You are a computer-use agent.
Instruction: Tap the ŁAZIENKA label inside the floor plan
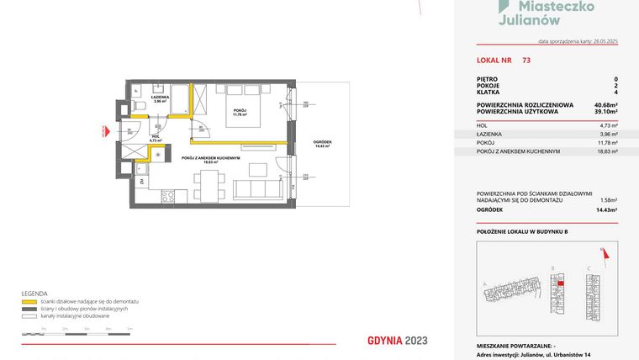coord(160,97)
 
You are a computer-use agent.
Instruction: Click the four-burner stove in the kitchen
coord(167,196)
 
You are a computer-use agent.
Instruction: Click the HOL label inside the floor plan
coord(155,136)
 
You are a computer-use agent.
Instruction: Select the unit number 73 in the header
coord(525,61)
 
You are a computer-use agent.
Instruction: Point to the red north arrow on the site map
coord(602,250)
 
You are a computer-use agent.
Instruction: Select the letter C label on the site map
coord(589,269)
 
